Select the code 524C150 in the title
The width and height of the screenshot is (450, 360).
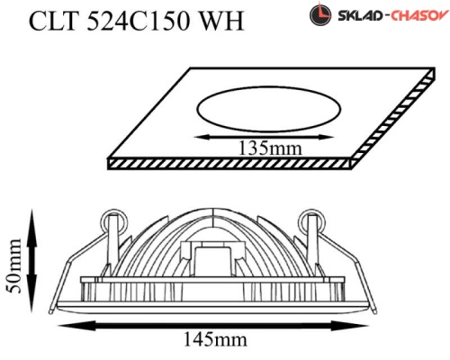tap(139, 21)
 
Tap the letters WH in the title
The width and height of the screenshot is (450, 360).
tap(222, 21)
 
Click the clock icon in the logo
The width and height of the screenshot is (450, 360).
tap(320, 14)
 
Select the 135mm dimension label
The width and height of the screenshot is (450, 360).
tap(269, 148)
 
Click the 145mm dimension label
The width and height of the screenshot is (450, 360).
tap(215, 339)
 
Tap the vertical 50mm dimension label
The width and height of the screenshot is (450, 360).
tap(14, 265)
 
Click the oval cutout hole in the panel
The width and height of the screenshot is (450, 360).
tap(268, 109)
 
